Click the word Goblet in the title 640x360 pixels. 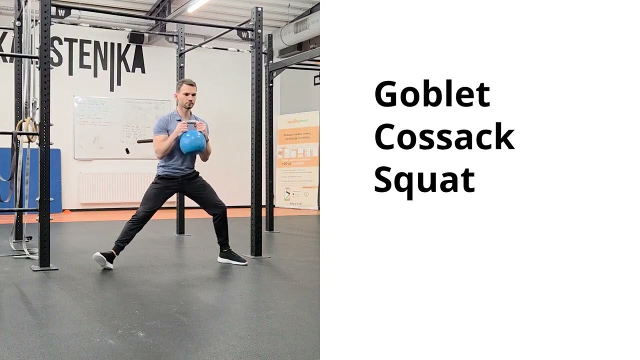click(431, 94)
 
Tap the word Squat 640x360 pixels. click(424, 179)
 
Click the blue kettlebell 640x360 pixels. click(192, 142)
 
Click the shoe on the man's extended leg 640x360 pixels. click(104, 259)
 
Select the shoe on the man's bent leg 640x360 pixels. click(231, 257)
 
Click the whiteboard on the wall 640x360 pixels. click(121, 127)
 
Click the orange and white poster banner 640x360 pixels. click(297, 160)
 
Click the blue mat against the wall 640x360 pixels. click(30, 180)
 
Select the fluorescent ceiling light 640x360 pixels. click(198, 5)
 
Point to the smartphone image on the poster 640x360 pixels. click(287, 193)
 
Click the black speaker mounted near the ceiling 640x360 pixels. click(136, 37)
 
